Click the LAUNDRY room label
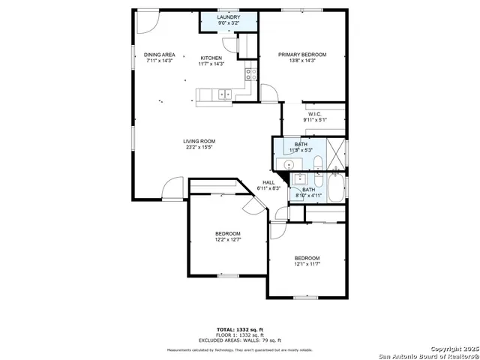tap(229, 16)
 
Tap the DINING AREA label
tap(159, 55)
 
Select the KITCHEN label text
tap(211, 58)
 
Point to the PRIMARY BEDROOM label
tap(302, 55)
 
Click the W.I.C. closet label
tap(314, 114)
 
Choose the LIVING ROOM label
tap(199, 141)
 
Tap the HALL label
tap(268, 182)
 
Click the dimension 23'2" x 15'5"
tap(199, 147)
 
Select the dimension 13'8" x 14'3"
tap(302, 61)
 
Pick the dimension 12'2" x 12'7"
tap(227, 240)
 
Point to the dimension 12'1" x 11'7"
tap(307, 264)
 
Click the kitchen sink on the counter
tap(223, 94)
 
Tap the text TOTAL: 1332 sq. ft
tap(240, 329)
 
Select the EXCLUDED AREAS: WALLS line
tap(240, 340)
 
